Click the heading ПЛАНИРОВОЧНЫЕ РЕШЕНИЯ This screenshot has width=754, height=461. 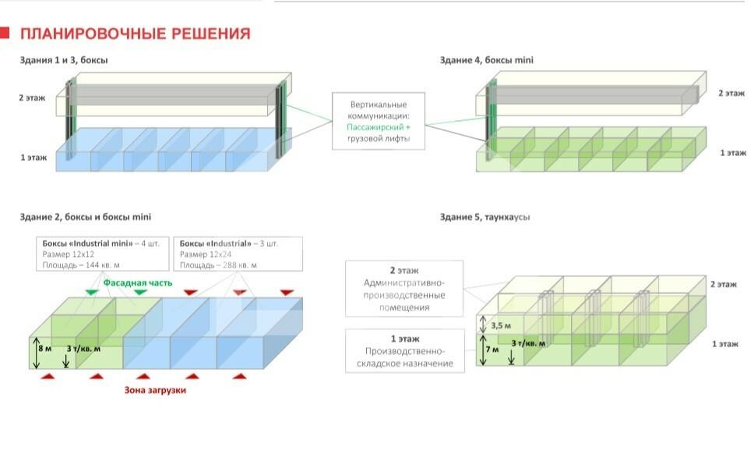(135, 34)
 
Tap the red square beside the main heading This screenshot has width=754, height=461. (5, 33)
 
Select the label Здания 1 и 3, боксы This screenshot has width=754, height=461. (64, 60)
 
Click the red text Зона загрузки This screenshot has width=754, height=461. (155, 390)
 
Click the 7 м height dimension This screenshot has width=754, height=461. (493, 349)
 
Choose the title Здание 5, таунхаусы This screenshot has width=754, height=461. (484, 216)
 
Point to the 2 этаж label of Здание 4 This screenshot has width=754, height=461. (732, 93)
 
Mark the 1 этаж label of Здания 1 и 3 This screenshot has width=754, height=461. (33, 158)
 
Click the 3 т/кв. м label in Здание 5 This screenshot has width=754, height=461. (528, 342)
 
